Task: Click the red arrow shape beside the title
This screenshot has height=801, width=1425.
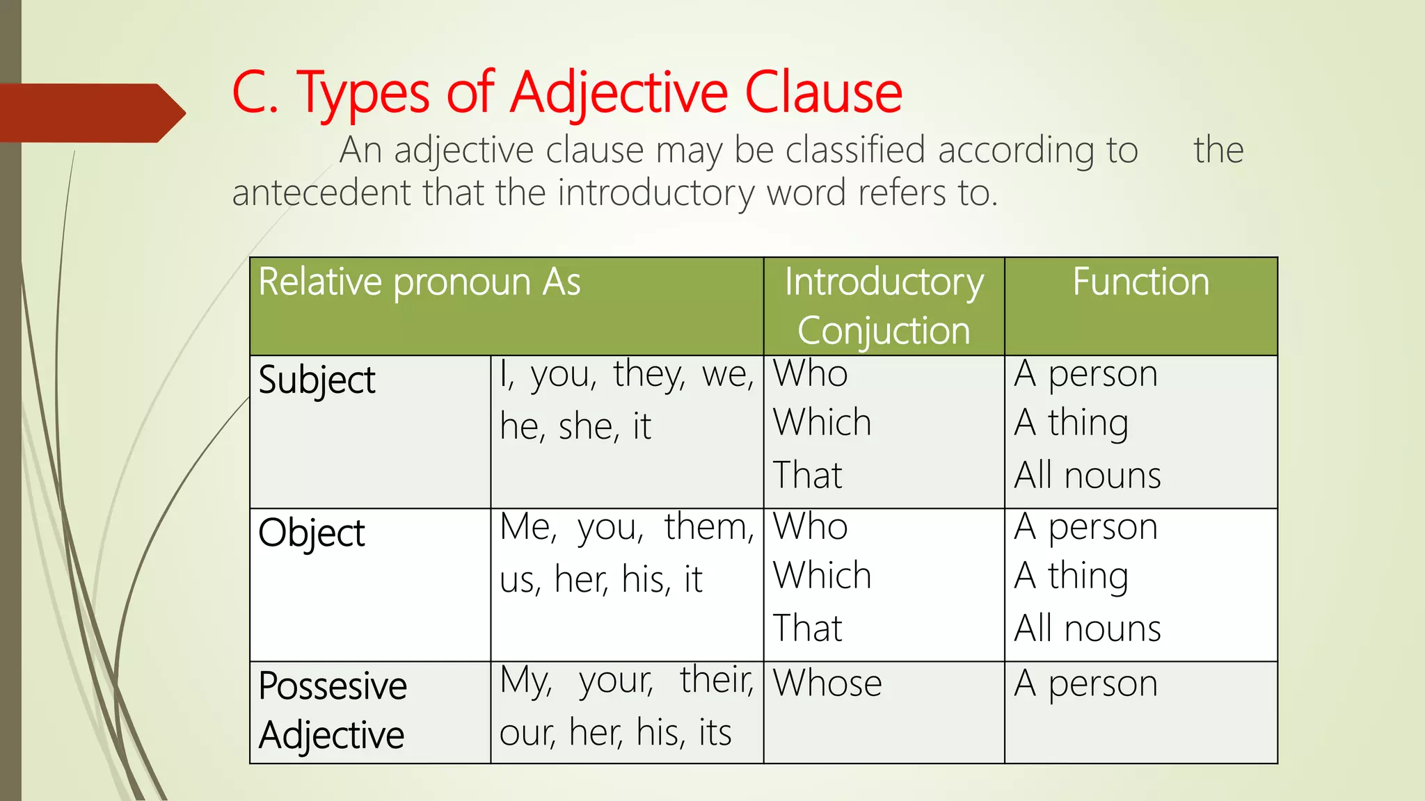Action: coord(90,113)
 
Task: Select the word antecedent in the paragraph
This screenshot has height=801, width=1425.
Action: coord(321,193)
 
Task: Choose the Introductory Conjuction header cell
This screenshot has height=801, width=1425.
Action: coord(884,306)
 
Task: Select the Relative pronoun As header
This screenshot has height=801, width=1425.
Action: coord(420,282)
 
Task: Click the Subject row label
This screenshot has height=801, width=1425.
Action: coord(317,380)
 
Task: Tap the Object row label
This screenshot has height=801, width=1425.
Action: coord(312,533)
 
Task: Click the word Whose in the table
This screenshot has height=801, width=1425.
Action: coord(827,683)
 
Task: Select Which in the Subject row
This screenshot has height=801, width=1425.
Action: coord(822,423)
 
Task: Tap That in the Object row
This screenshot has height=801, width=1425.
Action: coord(807,629)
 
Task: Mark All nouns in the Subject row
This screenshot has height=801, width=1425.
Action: coord(1087,476)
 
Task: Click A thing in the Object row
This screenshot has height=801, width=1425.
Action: coord(1071,576)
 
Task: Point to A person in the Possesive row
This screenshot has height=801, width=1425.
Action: coord(1085,683)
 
